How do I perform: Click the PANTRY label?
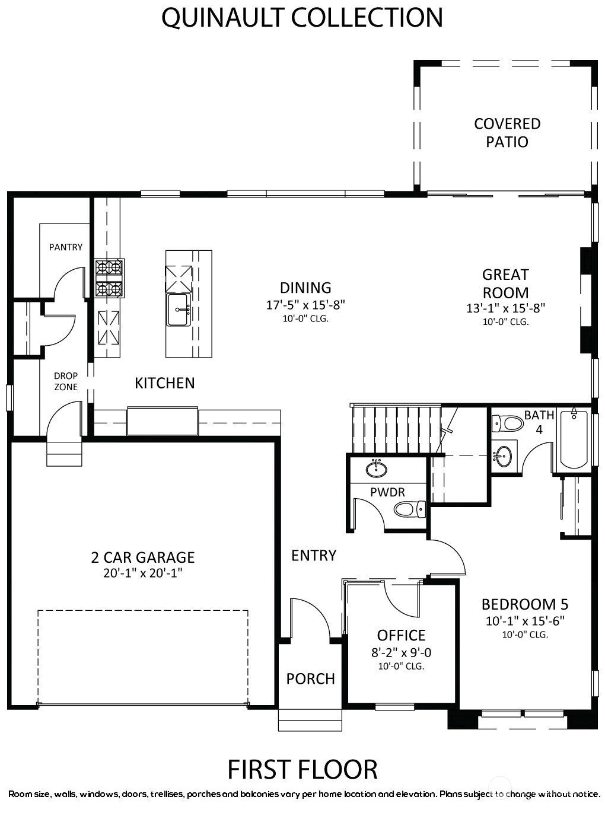click(66, 247)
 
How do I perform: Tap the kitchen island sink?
click(179, 310)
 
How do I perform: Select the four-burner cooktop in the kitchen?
click(109, 278)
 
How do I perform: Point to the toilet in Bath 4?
click(508, 423)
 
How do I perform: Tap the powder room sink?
click(377, 468)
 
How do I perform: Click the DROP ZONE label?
click(66, 381)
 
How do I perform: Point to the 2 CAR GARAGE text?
click(143, 557)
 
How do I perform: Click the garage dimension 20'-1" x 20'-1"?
click(143, 573)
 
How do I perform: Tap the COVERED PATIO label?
click(507, 132)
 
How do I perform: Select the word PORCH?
click(311, 679)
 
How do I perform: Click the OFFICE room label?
click(401, 635)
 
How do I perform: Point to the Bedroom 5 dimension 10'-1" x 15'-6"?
click(525, 621)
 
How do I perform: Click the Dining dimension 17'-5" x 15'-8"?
click(305, 305)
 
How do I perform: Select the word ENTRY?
click(314, 556)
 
